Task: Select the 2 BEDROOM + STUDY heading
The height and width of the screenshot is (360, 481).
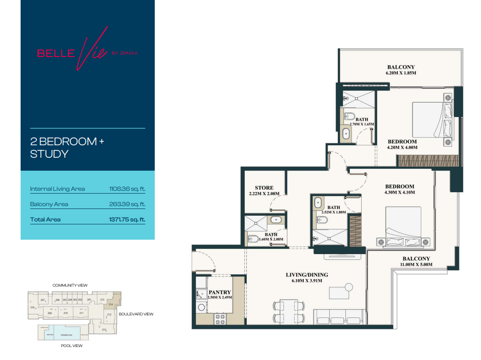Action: (x=67, y=148)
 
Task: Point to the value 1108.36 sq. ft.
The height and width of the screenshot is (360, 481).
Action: (x=127, y=189)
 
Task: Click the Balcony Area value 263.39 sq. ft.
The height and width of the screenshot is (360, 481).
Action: (x=127, y=204)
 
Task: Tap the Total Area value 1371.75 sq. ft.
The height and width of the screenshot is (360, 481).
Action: (x=127, y=220)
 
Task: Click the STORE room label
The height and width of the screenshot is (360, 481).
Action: (x=264, y=188)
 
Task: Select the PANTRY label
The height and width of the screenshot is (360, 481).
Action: (x=220, y=292)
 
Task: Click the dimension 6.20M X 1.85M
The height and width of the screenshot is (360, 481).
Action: (x=401, y=73)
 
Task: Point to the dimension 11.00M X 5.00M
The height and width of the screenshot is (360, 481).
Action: (x=416, y=264)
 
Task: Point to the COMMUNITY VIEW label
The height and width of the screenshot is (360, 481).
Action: (x=70, y=285)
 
